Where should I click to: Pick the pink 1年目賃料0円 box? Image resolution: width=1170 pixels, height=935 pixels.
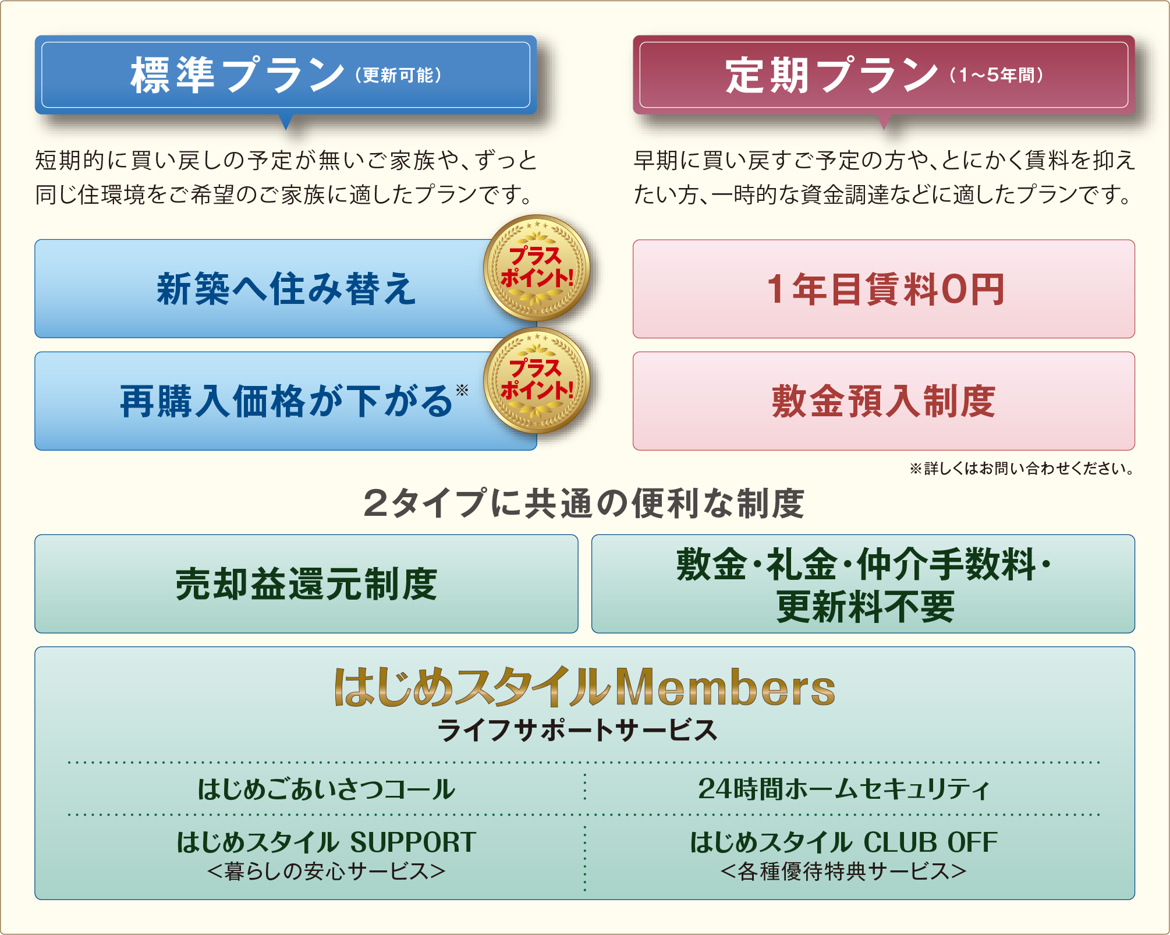point(884,289)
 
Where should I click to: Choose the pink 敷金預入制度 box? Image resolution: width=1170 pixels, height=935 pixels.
point(884,401)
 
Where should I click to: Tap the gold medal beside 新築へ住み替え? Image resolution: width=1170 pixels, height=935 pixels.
point(537,268)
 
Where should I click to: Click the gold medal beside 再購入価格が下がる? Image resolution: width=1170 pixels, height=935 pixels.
point(537,380)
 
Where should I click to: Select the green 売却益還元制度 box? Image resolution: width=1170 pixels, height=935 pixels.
point(306,584)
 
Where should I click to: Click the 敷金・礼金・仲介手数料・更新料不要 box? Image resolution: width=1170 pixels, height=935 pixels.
point(863,584)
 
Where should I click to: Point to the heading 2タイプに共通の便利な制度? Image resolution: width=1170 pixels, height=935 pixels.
point(584,504)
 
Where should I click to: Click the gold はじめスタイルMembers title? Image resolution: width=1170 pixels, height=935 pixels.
point(584,687)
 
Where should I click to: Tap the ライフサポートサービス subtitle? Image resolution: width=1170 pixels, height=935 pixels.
point(577,730)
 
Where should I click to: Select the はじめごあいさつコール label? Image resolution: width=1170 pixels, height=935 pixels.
point(326,789)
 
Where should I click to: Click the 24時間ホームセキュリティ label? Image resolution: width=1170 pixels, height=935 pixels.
point(844,789)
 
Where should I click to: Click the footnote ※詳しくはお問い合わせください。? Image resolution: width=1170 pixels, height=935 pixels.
point(1022,469)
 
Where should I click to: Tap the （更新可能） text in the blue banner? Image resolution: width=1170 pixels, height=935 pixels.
point(399,75)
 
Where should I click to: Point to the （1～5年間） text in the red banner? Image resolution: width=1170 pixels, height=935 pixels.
point(997,75)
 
